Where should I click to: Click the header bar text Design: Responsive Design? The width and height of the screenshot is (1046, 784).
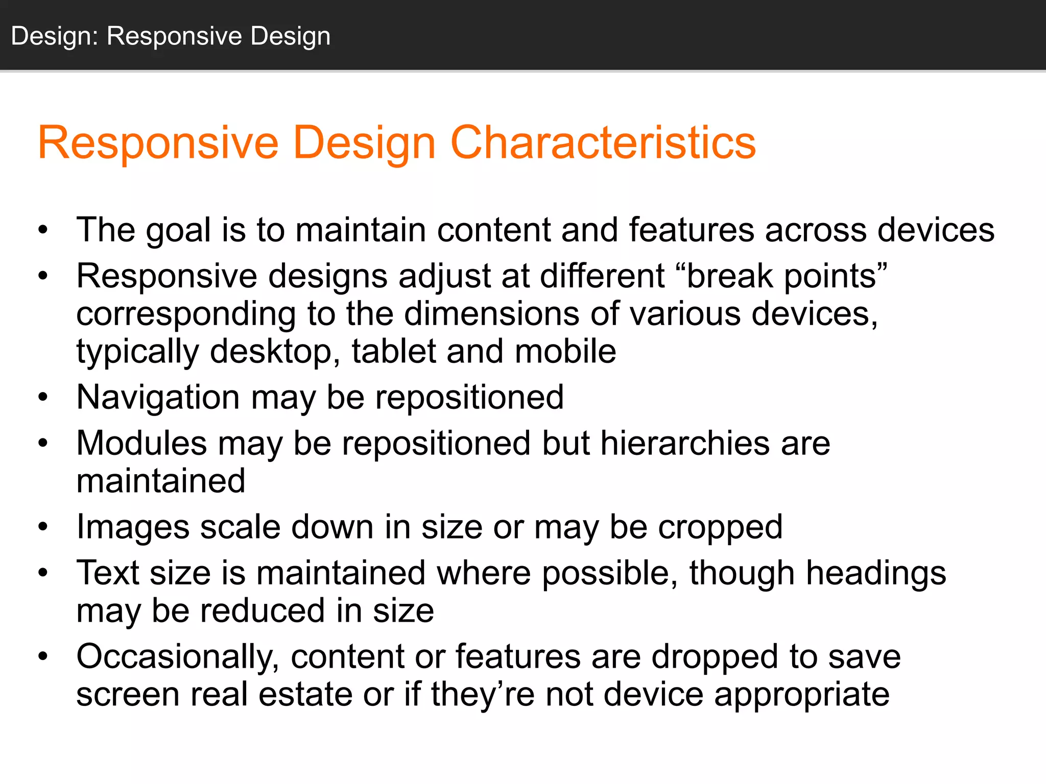[x=171, y=36]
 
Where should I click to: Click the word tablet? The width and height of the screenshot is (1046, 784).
[x=394, y=352]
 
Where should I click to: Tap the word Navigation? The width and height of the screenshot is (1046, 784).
[x=158, y=398]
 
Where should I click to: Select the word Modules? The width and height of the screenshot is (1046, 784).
[x=141, y=443]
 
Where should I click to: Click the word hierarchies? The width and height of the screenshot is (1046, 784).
[x=684, y=443]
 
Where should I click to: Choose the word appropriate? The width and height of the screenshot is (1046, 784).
[x=802, y=696]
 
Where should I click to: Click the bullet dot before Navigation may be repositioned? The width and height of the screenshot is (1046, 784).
[x=43, y=397]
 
